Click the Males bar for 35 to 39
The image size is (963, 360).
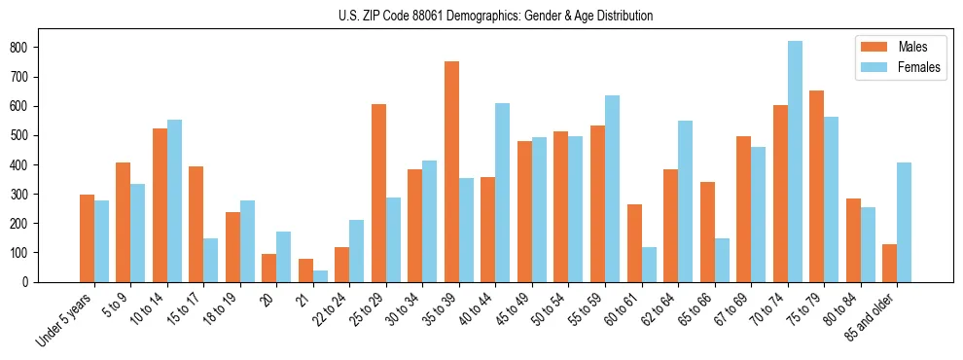[452, 171]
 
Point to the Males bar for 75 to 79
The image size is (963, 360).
[817, 186]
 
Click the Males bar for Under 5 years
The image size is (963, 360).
[88, 238]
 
